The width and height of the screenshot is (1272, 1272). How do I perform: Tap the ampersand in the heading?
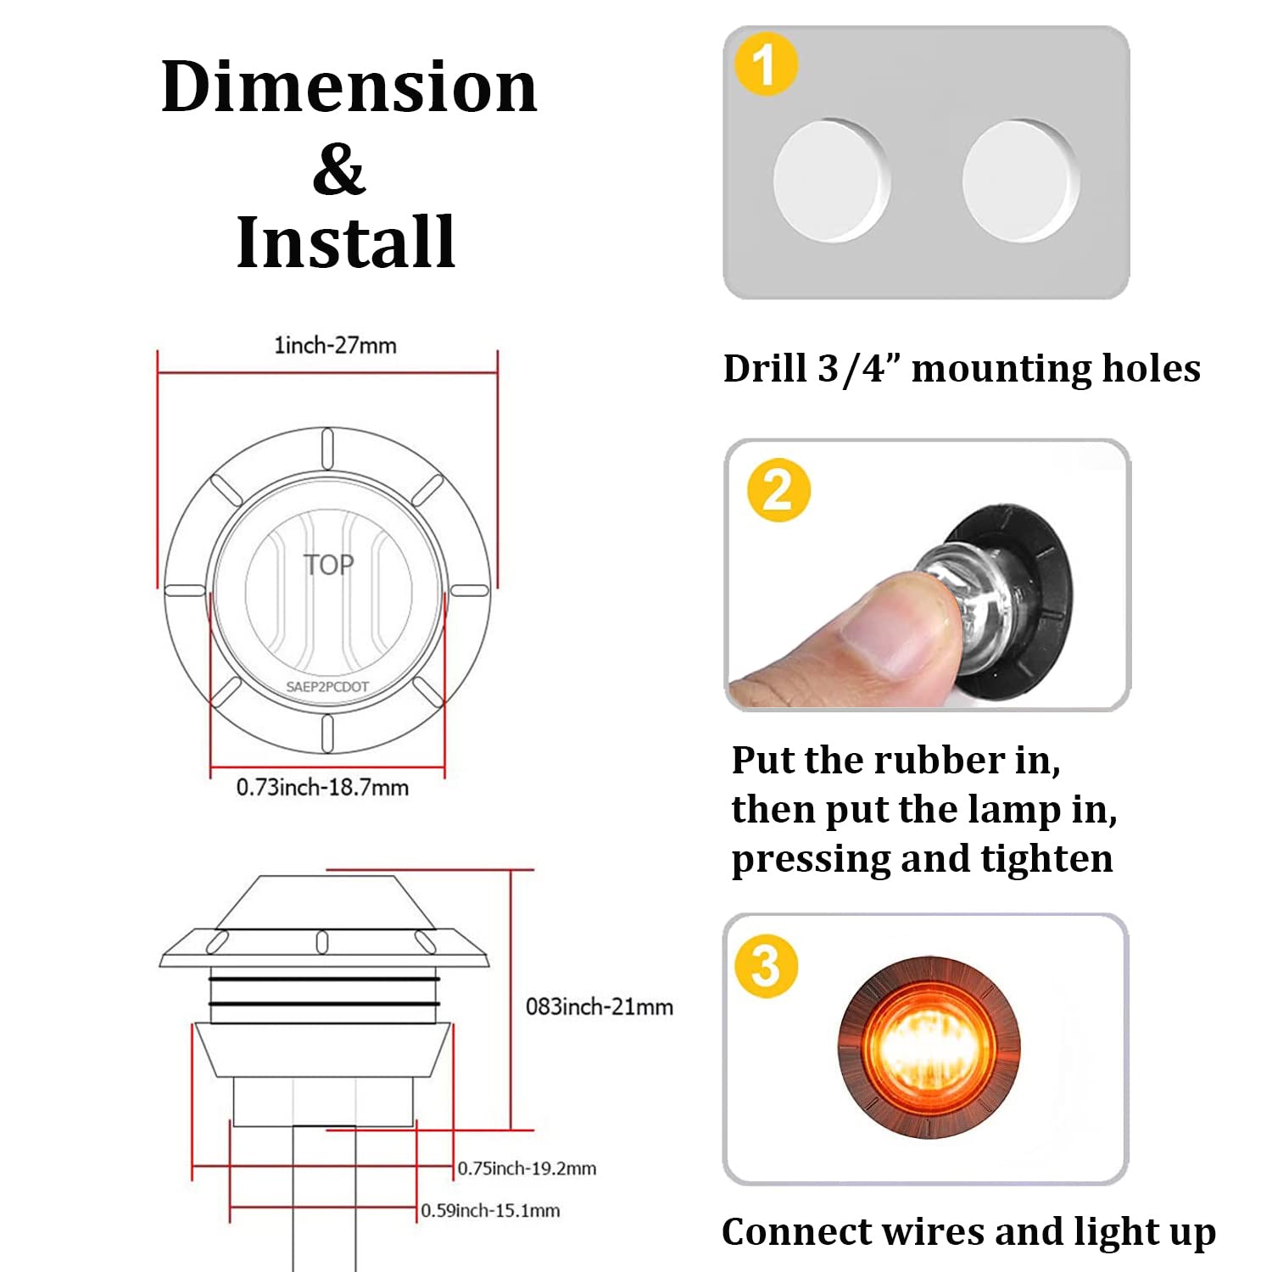[x=338, y=170]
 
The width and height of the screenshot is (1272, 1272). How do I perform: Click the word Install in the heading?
[x=346, y=243]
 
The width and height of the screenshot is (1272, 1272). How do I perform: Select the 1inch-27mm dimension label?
[x=335, y=345]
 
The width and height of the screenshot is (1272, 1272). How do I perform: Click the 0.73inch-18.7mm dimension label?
[x=322, y=788]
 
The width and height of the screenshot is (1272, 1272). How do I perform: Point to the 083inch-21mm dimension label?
[x=599, y=1007]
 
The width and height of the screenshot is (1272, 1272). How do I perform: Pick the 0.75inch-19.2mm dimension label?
[x=527, y=1169]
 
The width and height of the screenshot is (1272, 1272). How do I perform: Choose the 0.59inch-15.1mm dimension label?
[x=490, y=1211]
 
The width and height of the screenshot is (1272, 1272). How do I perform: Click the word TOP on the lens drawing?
[x=328, y=565]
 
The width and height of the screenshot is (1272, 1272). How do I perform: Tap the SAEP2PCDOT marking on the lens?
[x=327, y=687]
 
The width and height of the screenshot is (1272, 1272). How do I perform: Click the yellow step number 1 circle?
[x=766, y=64]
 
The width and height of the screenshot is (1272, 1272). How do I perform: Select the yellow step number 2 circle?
[x=778, y=490]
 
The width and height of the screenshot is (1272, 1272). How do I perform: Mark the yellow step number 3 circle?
[x=766, y=966]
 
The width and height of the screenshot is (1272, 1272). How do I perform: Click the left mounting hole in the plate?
[x=830, y=181]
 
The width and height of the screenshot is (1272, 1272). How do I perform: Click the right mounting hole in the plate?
[x=1020, y=181]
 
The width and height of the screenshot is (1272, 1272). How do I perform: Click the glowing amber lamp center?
[x=927, y=1046]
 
